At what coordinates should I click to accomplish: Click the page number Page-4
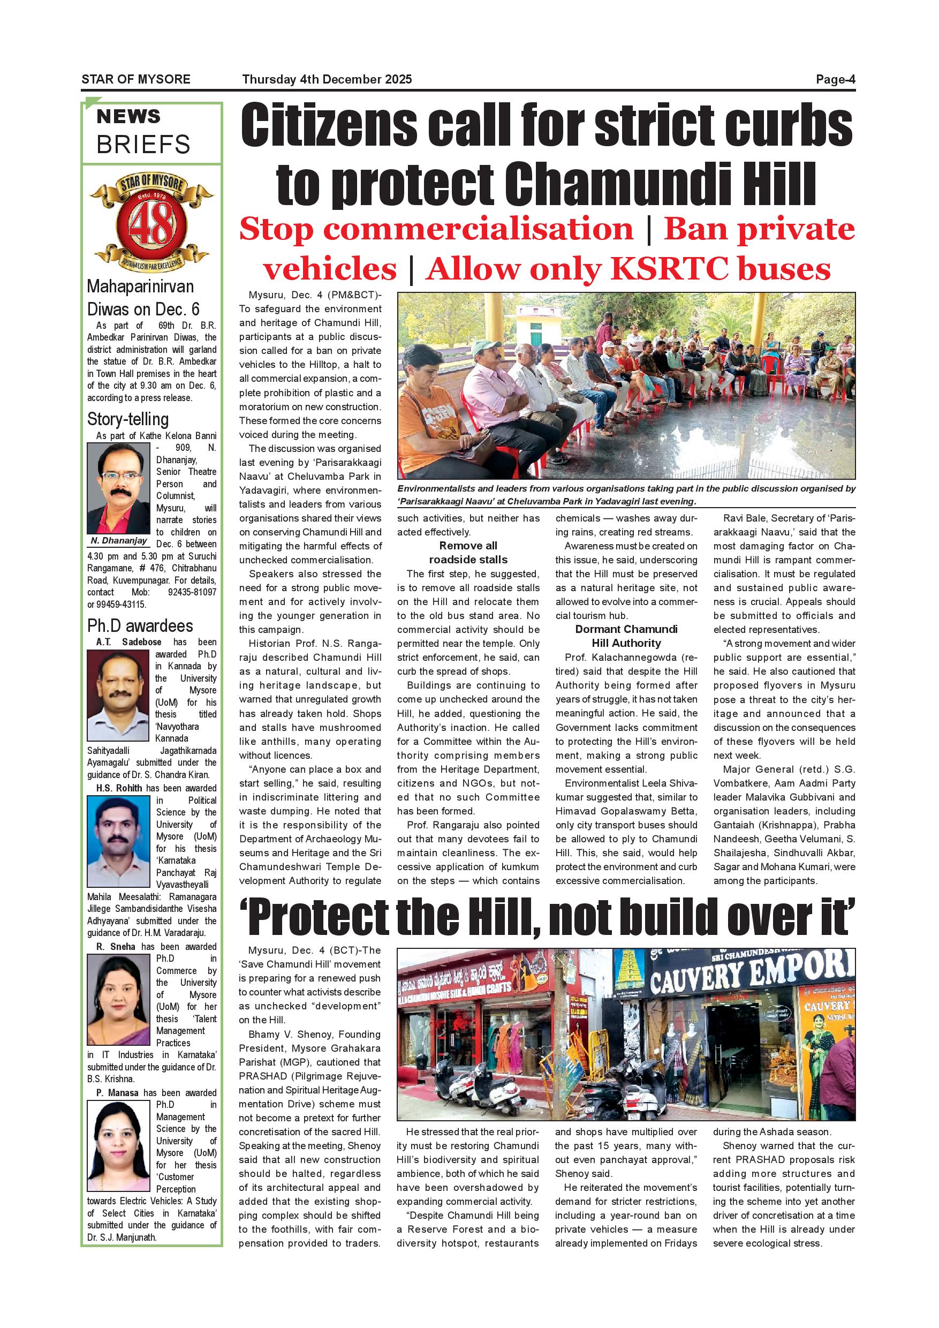click(835, 79)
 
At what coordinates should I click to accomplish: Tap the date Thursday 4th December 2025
click(327, 79)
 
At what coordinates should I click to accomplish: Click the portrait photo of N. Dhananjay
click(118, 488)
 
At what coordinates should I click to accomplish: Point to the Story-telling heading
click(128, 419)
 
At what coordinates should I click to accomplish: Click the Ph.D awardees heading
click(140, 626)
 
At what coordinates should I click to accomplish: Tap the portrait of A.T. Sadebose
click(118, 695)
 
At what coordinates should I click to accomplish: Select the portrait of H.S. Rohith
click(118, 841)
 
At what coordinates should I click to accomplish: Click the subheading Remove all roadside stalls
click(468, 553)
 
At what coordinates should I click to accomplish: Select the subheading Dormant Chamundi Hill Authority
click(626, 636)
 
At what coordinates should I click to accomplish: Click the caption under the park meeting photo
click(626, 495)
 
